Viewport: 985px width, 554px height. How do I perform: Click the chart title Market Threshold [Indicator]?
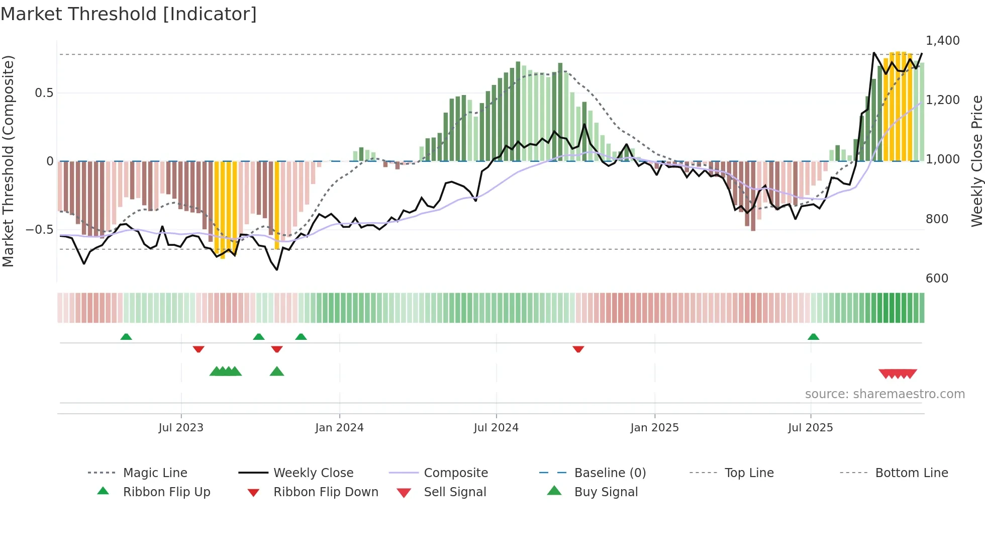click(129, 14)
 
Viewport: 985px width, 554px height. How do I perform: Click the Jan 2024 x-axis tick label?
click(339, 427)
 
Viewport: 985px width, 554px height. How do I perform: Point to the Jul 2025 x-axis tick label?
click(810, 427)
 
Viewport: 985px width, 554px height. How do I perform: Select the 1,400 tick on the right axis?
click(942, 40)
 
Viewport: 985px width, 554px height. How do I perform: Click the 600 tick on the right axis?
click(937, 278)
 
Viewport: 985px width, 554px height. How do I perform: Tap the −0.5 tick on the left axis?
click(39, 229)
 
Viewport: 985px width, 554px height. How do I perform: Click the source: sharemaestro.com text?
click(884, 394)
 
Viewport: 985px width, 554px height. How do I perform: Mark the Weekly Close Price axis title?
click(976, 161)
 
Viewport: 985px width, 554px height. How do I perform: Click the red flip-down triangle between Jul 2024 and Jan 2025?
click(578, 349)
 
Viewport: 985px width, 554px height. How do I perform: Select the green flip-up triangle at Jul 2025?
click(813, 337)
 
